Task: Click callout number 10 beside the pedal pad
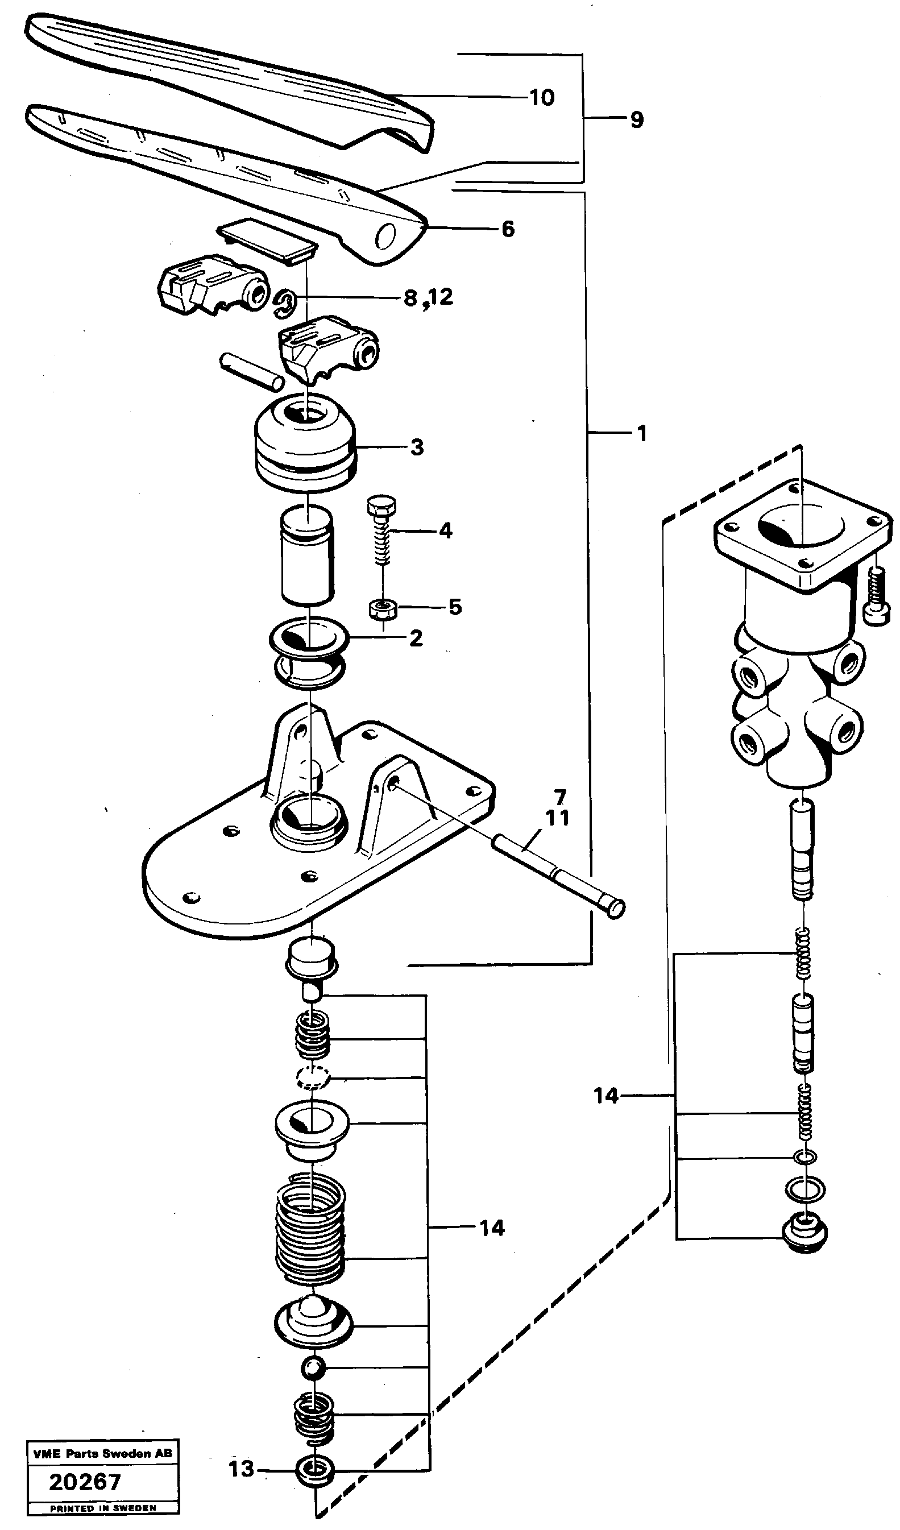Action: point(542,97)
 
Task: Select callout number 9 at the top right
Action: point(636,119)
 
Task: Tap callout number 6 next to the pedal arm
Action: point(508,229)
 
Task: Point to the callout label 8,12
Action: point(429,297)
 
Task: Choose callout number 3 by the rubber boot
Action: point(417,447)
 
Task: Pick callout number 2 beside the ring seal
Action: point(416,638)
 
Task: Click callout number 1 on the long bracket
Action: point(642,433)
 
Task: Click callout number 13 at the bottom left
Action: point(241,1469)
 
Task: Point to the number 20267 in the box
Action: point(85,1483)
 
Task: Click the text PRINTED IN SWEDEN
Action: point(103,1509)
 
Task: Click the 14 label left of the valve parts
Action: point(605,1096)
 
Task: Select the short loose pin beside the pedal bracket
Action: point(250,371)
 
